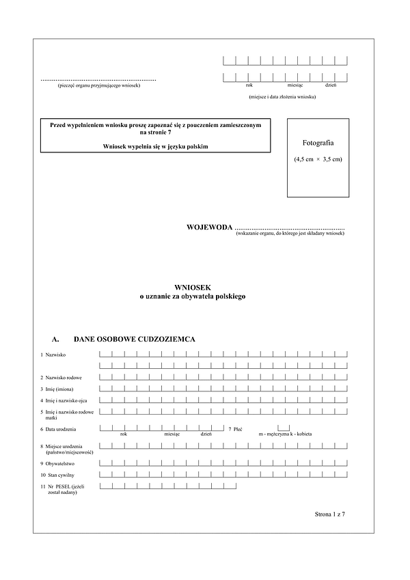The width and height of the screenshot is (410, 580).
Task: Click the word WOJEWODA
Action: (x=209, y=227)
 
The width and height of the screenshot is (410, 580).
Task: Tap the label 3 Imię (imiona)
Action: (x=61, y=389)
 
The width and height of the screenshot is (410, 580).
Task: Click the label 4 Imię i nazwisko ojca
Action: (x=68, y=400)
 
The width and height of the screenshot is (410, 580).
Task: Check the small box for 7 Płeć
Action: (x=264, y=428)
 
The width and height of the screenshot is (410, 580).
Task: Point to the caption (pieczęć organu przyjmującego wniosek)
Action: (x=99, y=85)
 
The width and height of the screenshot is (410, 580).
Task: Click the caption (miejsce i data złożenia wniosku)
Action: (x=282, y=96)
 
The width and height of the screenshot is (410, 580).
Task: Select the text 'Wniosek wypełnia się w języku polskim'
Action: (x=156, y=146)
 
